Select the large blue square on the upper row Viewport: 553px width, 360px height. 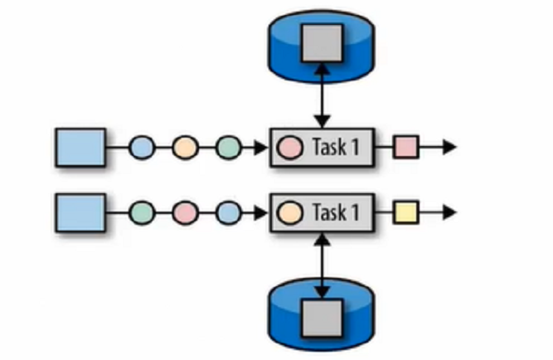[80, 148]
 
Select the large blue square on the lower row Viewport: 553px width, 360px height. [80, 212]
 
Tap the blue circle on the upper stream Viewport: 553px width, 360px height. [143, 148]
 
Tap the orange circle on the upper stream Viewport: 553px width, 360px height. [185, 148]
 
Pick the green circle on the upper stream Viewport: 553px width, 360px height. [227, 148]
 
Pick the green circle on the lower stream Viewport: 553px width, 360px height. [143, 212]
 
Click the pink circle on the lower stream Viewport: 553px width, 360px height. [185, 212]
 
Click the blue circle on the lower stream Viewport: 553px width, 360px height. [227, 212]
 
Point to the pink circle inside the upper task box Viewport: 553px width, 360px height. [290, 148]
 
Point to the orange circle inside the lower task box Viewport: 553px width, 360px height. [290, 212]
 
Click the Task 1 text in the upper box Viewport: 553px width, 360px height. [336, 148]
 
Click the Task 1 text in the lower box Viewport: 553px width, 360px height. [336, 212]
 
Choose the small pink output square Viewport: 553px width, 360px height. [405, 148]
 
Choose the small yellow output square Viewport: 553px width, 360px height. [405, 212]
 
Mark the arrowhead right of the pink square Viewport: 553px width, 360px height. [449, 148]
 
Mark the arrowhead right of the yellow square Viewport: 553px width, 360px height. [449, 212]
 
